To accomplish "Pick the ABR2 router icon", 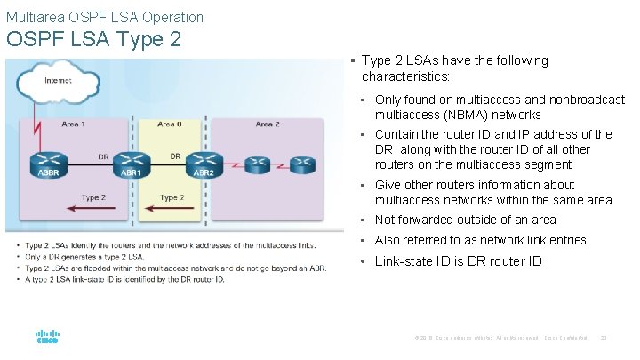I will (x=204, y=164).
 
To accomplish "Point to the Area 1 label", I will (x=74, y=124).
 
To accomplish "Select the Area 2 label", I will (x=267, y=124).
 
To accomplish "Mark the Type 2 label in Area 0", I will (x=172, y=197).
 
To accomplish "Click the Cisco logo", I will (x=47, y=339).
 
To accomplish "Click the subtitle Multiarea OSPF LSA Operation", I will (x=105, y=17).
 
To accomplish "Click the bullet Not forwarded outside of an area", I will (x=465, y=220).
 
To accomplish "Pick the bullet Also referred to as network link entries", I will (x=480, y=240).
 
